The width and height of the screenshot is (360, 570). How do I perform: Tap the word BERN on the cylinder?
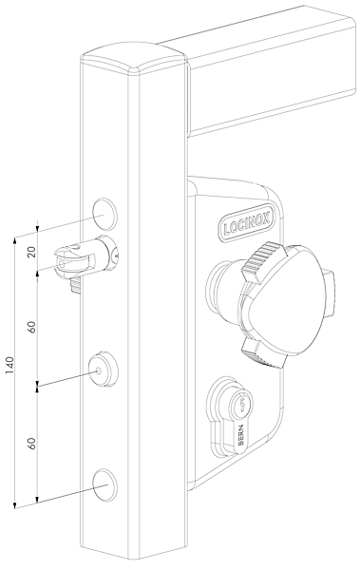241,435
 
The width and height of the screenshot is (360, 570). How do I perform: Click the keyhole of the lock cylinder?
240,403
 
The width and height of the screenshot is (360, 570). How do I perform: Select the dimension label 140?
9,366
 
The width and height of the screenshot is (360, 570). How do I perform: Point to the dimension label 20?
31,252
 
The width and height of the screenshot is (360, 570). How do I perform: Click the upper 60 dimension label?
32,327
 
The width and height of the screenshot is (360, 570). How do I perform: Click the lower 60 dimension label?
32,443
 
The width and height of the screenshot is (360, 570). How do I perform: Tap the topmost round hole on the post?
104,214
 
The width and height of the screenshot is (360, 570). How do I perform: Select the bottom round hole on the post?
104,485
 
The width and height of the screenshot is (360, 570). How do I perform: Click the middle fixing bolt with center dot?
103,370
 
